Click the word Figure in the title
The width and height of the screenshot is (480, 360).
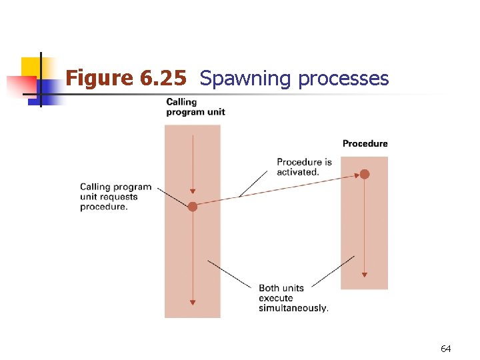(100, 79)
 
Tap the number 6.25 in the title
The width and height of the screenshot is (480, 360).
(163, 79)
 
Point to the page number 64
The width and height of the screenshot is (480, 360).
(445, 349)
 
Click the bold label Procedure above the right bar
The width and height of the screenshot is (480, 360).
(365, 143)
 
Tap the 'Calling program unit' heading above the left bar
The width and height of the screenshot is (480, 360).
(195, 107)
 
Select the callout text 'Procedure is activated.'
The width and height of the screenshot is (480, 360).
(304, 167)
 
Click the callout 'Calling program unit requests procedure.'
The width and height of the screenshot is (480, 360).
(115, 197)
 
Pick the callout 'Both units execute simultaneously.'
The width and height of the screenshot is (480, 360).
(293, 298)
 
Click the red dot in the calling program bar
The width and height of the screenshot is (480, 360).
(193, 207)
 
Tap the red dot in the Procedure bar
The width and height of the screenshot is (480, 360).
(365, 175)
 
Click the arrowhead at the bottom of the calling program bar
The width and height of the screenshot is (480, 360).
(193, 302)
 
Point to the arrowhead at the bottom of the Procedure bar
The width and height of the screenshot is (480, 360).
(365, 273)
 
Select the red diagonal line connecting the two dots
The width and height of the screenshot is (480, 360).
(279, 191)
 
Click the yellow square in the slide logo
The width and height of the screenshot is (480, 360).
(31, 67)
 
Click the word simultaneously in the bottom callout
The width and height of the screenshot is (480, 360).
(293, 308)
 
